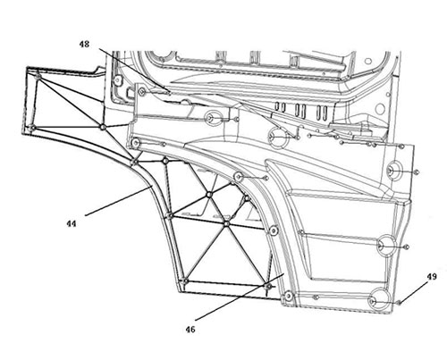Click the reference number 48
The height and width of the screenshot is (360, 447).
(84, 45)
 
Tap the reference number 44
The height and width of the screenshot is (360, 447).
(72, 223)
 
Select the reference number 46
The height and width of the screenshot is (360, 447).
(190, 330)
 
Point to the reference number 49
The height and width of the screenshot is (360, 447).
(432, 277)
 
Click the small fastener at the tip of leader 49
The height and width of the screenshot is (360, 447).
(400, 303)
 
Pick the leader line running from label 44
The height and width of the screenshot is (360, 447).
(119, 200)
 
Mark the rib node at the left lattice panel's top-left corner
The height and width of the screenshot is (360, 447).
(38, 76)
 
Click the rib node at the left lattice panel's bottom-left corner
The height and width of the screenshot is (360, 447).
(33, 128)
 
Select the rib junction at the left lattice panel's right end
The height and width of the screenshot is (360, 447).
(103, 127)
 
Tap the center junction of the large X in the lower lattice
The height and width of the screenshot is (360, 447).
(227, 223)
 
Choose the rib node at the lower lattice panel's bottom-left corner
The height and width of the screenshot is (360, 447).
(185, 280)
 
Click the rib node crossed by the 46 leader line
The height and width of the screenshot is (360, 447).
(268, 286)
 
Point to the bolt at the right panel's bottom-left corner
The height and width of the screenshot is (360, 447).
(288, 296)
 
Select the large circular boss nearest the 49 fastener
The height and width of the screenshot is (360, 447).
(379, 299)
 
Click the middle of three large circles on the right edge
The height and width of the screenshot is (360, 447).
(387, 246)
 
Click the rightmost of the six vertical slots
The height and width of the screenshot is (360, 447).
(325, 113)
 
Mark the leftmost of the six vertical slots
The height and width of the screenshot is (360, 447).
(277, 106)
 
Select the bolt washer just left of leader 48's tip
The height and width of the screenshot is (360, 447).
(141, 91)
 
